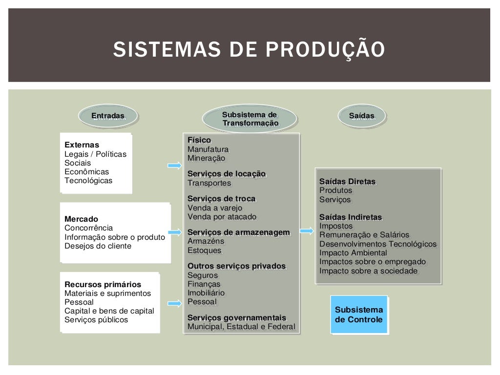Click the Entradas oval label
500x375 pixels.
108,116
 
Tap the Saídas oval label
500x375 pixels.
362,116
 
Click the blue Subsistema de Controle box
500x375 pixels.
359,314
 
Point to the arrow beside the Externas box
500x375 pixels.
174,166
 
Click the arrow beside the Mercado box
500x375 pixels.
174,232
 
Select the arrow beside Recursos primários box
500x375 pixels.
174,303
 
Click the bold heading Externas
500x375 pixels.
82,145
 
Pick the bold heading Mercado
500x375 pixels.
81,219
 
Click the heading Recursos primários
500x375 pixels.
103,285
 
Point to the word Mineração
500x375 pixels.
206,158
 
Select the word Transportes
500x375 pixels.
209,183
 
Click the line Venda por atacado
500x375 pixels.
222,217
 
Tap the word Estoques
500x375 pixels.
204,250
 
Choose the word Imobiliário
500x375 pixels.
206,293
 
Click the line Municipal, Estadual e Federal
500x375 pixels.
241,327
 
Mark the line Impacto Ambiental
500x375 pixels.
353,253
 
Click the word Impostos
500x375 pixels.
336,226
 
